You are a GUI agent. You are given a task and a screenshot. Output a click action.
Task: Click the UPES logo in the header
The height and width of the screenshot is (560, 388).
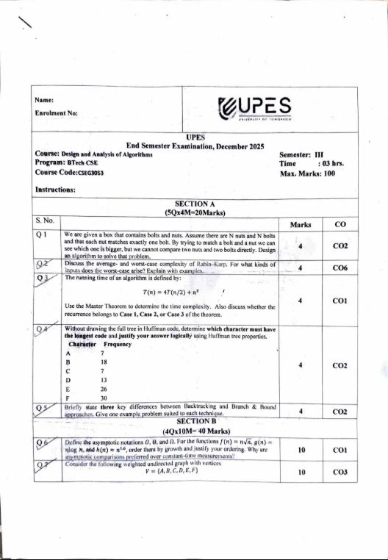point(255,107)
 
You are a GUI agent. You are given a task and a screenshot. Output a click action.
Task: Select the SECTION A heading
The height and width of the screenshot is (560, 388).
point(195,204)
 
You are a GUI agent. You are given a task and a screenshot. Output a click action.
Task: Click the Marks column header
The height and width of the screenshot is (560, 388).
point(301,224)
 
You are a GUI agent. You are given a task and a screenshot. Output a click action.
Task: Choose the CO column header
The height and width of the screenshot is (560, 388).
point(339,223)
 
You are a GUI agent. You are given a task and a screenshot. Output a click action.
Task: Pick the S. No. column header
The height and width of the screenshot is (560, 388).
point(46,220)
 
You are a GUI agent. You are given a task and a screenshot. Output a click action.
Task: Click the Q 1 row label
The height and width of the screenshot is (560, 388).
point(42,235)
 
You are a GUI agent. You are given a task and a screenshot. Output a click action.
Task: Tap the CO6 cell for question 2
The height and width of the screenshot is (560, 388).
point(339,269)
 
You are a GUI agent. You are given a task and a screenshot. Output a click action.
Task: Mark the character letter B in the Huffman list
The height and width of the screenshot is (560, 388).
point(68,362)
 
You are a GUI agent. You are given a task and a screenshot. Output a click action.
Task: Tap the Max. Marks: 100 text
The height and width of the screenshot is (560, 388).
point(307,173)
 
